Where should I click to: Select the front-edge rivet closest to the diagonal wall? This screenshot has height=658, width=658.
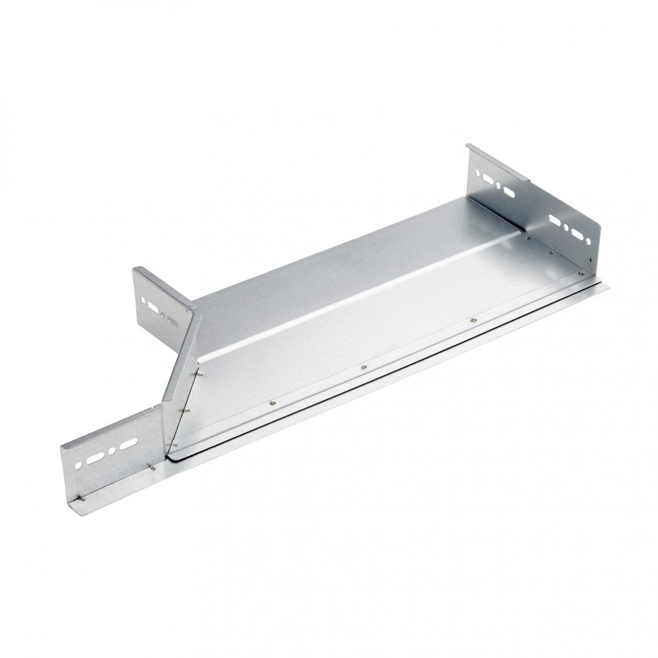click(x=271, y=404)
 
